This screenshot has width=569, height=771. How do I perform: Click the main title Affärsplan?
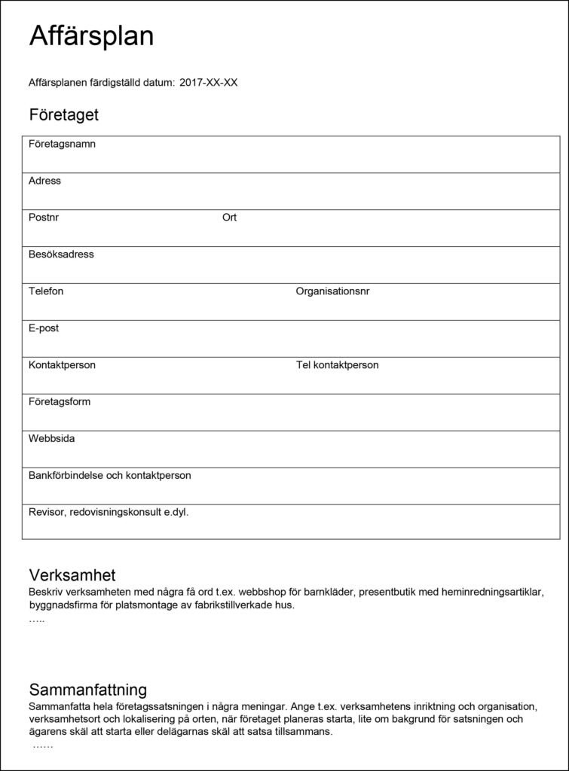(x=91, y=36)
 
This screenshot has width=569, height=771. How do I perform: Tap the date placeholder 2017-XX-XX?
(x=209, y=83)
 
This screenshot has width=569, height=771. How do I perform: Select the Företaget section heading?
(x=64, y=115)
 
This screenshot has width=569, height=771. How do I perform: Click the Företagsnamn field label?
(x=62, y=144)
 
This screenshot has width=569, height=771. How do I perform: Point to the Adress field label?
(x=45, y=181)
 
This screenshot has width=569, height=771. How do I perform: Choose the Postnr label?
(x=44, y=218)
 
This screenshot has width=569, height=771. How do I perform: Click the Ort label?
(x=229, y=218)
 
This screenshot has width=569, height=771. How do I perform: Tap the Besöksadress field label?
(x=61, y=254)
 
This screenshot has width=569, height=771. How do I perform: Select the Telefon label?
(x=46, y=291)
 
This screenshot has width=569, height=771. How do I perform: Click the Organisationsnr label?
(x=332, y=291)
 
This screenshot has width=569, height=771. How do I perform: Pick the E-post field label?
(x=44, y=328)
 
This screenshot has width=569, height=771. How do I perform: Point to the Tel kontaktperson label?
(x=337, y=365)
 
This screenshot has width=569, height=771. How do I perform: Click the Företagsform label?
(x=60, y=402)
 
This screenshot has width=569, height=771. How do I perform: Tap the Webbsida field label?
(x=51, y=438)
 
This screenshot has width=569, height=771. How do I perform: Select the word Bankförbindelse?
(x=64, y=475)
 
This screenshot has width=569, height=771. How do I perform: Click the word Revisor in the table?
(x=47, y=512)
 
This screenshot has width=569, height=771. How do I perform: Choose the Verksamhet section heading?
(x=72, y=577)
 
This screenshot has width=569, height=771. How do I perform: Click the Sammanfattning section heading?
(x=88, y=690)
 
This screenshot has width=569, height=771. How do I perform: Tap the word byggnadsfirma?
(x=62, y=605)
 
